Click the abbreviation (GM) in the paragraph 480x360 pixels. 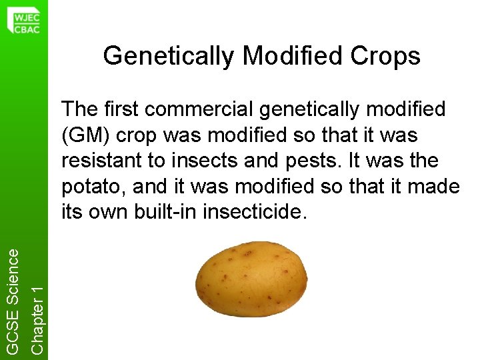[x=81, y=135]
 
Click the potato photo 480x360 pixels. [x=251, y=285]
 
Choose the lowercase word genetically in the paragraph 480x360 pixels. [x=316, y=109]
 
